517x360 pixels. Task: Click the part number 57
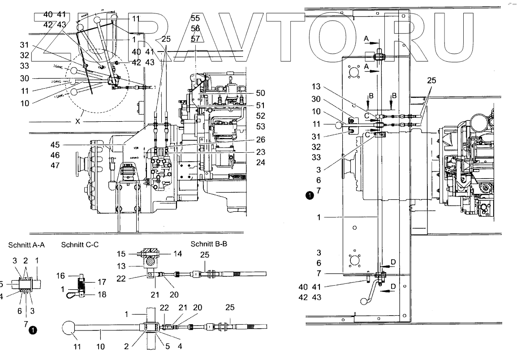[195, 39]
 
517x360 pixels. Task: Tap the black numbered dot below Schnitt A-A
[32, 330]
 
